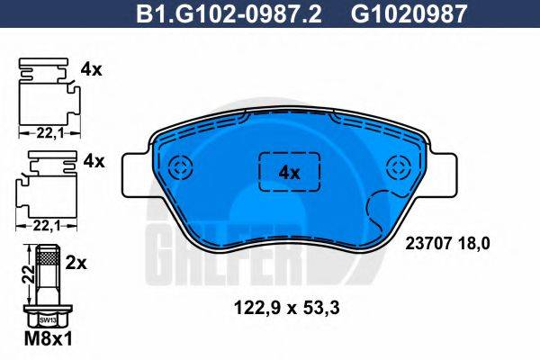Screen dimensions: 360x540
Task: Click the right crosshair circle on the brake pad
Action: coord(397,168)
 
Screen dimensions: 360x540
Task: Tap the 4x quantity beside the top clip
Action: coord(94,67)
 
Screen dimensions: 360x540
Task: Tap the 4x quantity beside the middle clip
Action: coord(94,162)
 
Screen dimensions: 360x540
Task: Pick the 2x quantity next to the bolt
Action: coord(77,263)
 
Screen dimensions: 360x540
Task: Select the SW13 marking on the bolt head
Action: coord(47,318)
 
